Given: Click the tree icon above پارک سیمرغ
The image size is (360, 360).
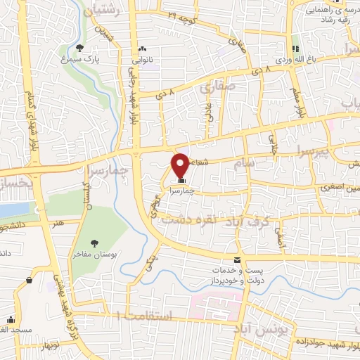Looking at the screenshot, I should pos(79,48).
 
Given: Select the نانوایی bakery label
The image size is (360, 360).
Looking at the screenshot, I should pos(143,60).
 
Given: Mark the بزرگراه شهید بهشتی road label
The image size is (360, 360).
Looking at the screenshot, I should pos(55,296).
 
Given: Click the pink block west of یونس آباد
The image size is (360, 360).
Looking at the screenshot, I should pos(215,305).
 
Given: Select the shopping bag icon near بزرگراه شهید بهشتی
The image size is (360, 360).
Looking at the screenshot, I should pos(30,280).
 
